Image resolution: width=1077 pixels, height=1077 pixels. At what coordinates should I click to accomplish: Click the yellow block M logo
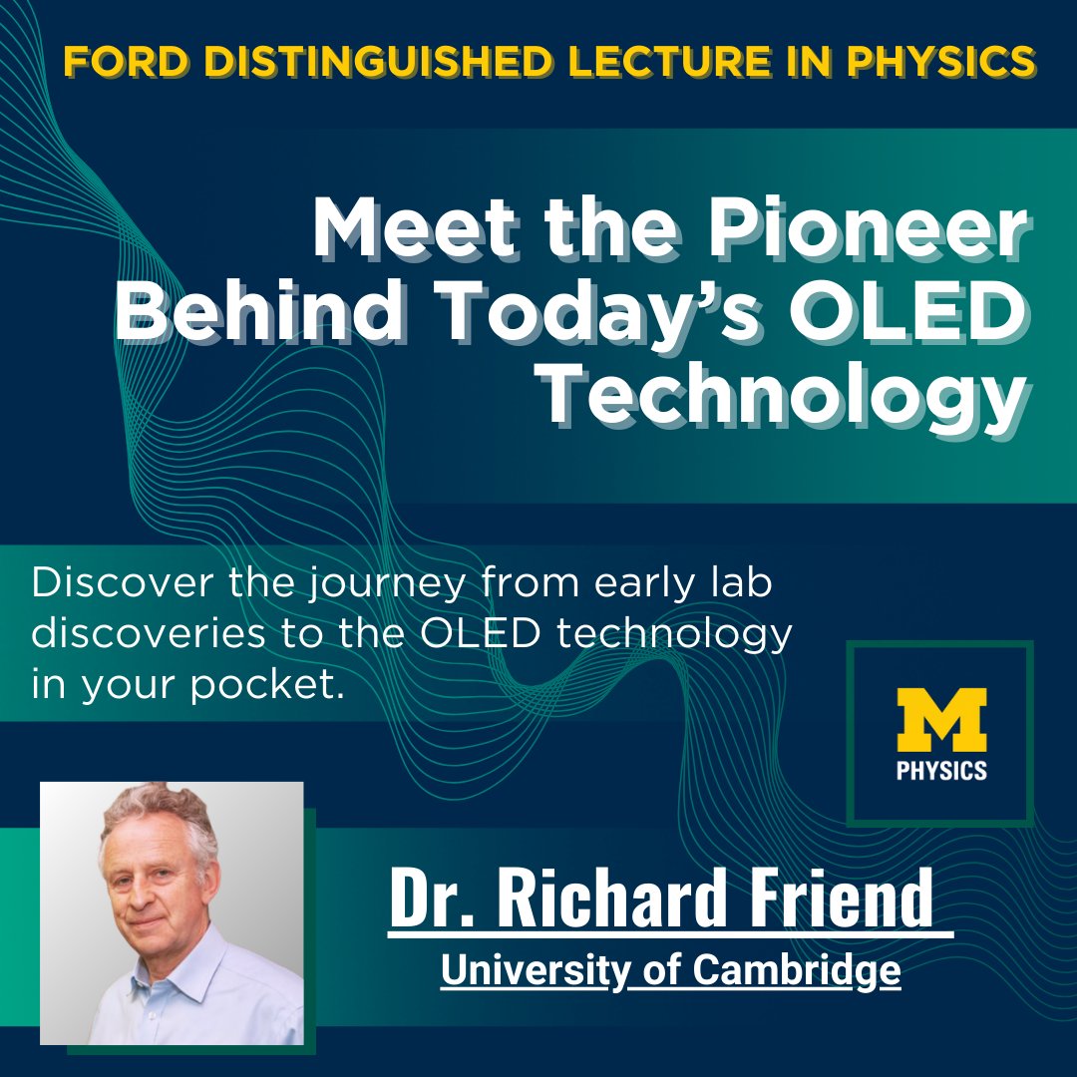coord(940,720)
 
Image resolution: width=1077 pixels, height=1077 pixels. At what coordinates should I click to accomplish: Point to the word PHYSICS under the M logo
coord(940,770)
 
